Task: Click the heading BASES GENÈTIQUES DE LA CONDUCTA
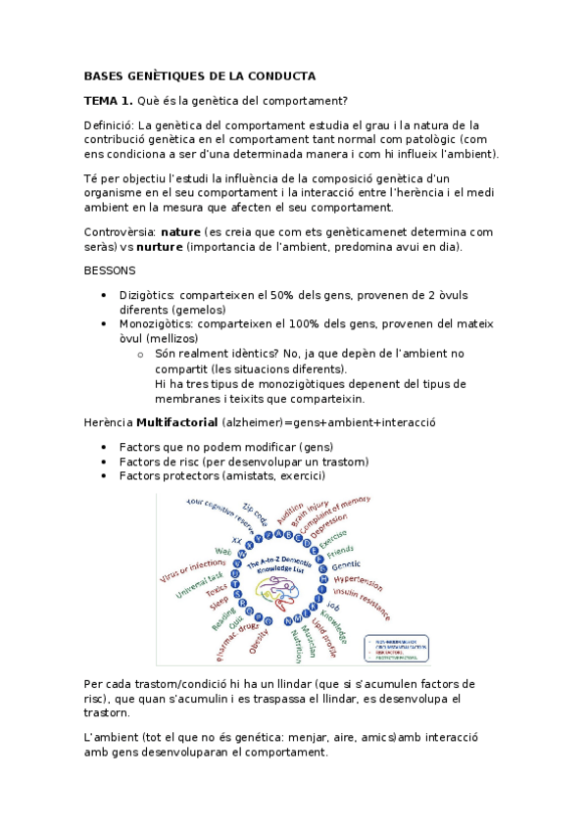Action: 200,75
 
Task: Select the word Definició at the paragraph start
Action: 109,124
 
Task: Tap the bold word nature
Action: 180,232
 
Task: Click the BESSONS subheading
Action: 110,270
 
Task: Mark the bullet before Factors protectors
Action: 105,475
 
